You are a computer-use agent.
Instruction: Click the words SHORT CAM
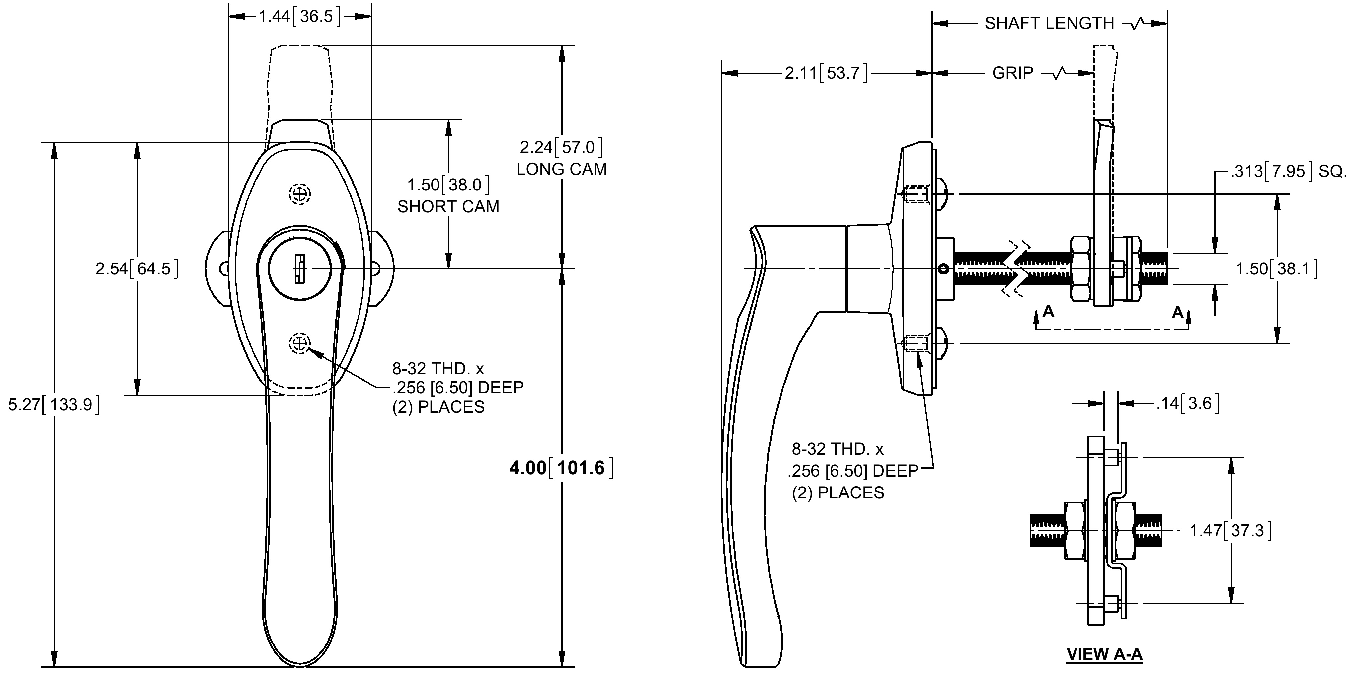click(x=448, y=207)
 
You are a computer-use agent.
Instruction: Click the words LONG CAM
click(x=562, y=169)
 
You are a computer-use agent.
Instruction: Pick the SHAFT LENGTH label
click(x=1049, y=23)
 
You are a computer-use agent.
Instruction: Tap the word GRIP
click(x=1012, y=73)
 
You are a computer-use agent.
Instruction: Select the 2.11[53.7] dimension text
click(x=826, y=73)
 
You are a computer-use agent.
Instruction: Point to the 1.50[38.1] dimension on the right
click(x=1277, y=269)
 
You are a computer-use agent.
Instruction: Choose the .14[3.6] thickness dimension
click(x=1188, y=403)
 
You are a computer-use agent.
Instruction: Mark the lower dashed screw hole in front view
click(x=300, y=344)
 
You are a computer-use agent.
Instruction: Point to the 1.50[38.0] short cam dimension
click(x=448, y=185)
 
